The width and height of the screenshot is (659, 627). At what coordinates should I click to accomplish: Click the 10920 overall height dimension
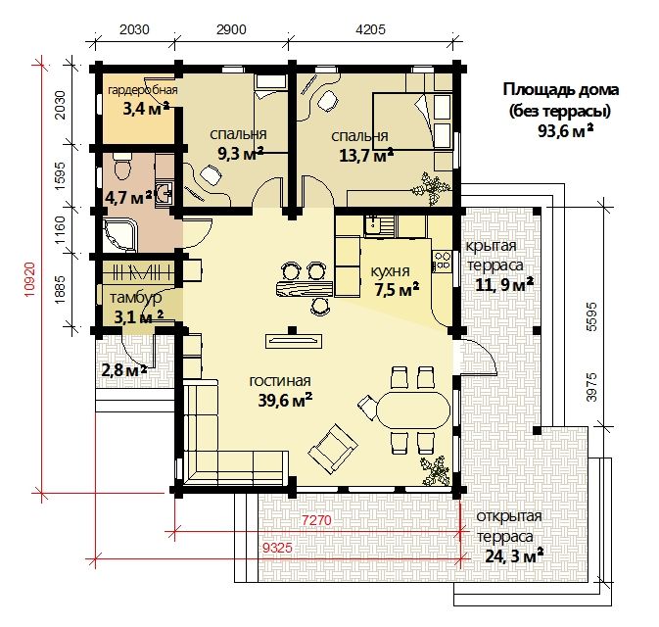point(29,279)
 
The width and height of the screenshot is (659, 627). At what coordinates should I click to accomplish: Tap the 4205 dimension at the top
point(370,29)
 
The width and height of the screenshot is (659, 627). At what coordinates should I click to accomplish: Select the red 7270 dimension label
point(317,520)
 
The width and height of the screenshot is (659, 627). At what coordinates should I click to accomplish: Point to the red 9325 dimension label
point(277,548)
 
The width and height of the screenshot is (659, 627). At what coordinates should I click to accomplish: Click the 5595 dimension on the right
point(591,316)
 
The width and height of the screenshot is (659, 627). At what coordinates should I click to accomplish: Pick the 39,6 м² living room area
point(285,400)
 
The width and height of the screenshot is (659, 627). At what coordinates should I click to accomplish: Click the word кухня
point(390,271)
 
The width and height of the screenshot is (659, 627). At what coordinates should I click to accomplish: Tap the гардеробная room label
point(143,90)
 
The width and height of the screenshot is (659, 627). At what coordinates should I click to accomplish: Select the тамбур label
point(136,298)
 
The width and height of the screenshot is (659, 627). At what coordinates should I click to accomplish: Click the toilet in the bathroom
point(122,167)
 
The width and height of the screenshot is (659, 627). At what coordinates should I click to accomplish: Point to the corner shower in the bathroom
point(119,236)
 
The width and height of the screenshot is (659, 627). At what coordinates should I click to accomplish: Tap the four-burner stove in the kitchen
point(442,260)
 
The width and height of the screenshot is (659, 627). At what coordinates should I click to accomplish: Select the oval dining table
point(412,410)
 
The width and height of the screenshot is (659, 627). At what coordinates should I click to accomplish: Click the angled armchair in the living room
point(333,448)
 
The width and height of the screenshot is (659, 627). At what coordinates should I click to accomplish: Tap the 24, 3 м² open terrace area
point(514,555)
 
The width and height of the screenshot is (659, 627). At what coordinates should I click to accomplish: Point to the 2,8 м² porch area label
point(124,370)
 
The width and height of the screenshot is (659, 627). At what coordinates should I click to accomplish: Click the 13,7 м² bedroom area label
point(366,155)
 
